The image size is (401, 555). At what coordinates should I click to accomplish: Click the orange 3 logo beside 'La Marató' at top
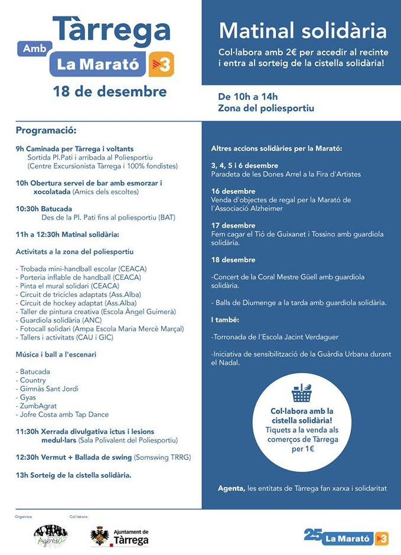pos(162,64)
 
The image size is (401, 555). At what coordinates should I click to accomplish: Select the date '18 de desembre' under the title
pos(110,92)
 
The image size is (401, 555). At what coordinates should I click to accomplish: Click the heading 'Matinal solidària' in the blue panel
pos(302,31)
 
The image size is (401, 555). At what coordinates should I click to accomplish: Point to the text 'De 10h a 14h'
pos(247,96)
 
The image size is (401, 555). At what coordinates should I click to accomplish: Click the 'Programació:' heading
pos(46,130)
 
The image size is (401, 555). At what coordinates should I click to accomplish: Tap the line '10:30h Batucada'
pos(44,208)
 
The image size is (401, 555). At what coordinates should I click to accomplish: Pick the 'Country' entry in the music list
pos(32,380)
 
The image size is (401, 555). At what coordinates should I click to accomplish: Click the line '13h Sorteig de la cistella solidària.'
pos(73,474)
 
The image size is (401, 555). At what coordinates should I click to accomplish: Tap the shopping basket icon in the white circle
pos(301,393)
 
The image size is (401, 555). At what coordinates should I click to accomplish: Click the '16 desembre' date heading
pos(233,191)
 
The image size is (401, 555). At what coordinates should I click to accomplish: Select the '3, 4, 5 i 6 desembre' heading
pos(244,165)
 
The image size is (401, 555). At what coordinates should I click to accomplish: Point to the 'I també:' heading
pos(225,319)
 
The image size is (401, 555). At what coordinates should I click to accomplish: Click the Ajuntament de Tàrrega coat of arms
pos(99,536)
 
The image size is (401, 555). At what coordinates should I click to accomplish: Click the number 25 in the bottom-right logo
pos(312,535)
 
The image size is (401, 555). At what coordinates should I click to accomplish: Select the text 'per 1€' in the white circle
pos(302,449)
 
